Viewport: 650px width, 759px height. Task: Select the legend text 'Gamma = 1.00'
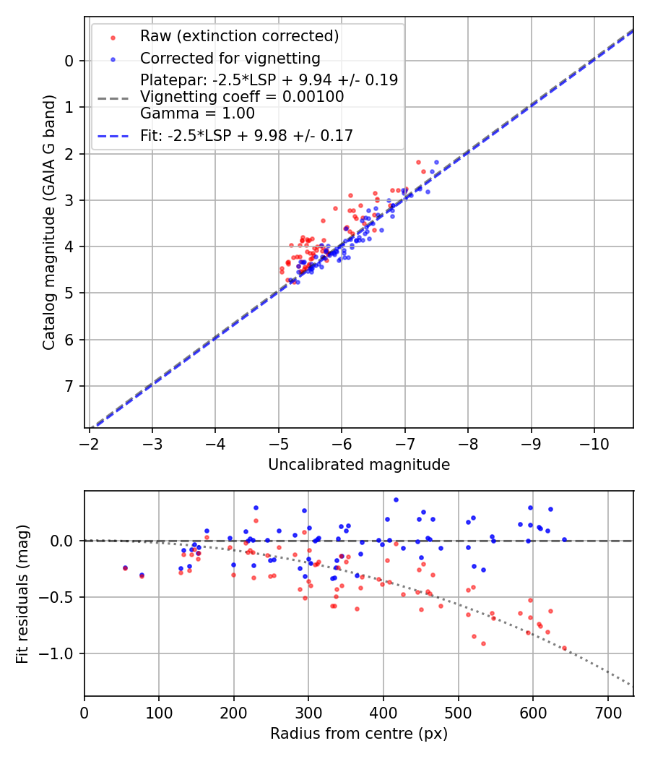[197, 113]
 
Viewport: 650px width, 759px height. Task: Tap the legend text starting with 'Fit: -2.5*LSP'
[246, 135]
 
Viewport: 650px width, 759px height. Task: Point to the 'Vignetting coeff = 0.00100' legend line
[242, 96]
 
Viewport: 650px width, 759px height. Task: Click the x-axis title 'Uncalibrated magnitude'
[359, 465]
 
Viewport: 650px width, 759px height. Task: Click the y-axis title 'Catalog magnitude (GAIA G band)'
[49, 222]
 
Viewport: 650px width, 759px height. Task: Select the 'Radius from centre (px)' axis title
[359, 734]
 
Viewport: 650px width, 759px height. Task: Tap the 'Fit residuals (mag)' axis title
[22, 593]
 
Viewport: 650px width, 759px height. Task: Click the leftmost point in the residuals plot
[125, 568]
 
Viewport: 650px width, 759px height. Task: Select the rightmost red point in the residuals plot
[564, 648]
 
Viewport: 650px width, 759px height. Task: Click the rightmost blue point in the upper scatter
[436, 163]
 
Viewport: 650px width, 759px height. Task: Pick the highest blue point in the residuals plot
[396, 499]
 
